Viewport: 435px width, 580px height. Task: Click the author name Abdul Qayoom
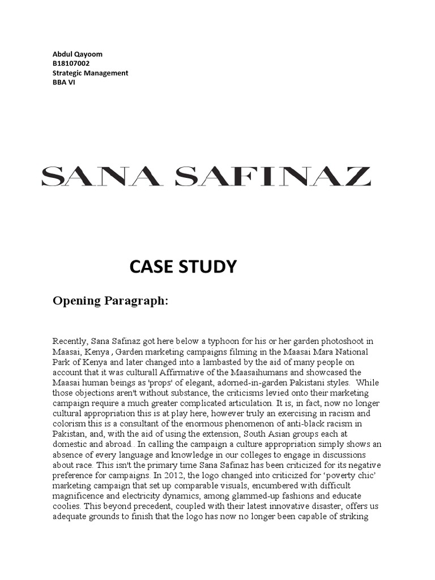[x=78, y=54]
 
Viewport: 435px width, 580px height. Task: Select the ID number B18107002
[x=71, y=63]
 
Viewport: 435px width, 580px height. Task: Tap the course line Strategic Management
[x=91, y=73]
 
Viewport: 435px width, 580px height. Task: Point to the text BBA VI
[x=64, y=82]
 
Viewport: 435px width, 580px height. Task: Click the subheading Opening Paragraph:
[x=110, y=300]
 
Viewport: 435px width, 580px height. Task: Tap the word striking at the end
[x=355, y=515]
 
